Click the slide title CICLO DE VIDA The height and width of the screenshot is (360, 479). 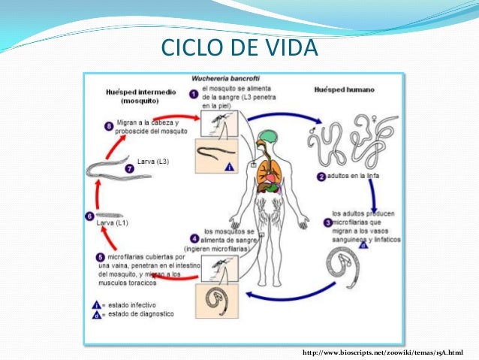click(239, 50)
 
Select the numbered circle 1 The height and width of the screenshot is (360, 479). click(193, 94)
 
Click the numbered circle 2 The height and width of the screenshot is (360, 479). click(321, 177)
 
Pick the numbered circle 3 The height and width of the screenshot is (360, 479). click(327, 222)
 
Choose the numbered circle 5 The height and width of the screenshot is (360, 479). click(99, 258)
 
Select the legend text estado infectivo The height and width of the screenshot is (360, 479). click(132, 304)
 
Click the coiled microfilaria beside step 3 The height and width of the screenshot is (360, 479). click(345, 268)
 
